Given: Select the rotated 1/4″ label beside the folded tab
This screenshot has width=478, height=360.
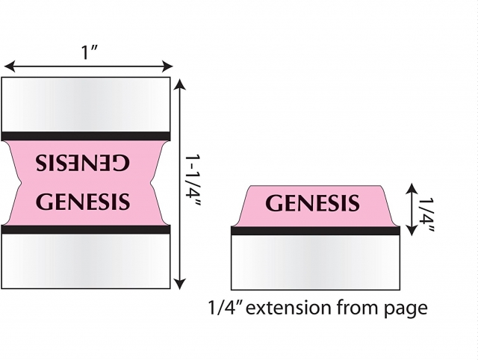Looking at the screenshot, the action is tap(426, 214).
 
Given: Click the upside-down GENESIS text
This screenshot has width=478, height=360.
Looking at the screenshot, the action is tap(82, 163).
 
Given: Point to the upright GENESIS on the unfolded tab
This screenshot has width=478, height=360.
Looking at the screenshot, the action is tap(83, 201).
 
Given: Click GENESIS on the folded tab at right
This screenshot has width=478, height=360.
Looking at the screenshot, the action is tap(312, 203).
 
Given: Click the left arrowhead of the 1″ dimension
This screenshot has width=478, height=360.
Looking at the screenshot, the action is tap(10, 66).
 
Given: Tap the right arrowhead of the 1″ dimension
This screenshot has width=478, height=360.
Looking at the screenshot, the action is tap(167, 66).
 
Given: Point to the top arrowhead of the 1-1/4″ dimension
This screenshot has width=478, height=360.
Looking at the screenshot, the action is tap(181, 84).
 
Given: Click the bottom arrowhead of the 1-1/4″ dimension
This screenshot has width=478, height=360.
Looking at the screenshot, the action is tap(181, 284).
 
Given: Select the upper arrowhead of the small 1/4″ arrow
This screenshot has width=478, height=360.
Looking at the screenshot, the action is tap(412, 188).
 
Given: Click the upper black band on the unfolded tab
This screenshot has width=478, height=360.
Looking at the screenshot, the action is tap(86, 136).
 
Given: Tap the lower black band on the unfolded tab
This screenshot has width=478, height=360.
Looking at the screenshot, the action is tap(86, 229).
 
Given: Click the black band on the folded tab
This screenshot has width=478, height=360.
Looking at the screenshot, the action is tap(315, 231).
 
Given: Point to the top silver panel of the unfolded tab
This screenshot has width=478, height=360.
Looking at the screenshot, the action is tap(86, 105).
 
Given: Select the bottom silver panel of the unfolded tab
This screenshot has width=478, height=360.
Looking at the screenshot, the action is tap(86, 261).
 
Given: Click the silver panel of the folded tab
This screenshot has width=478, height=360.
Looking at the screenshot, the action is tap(315, 262).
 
